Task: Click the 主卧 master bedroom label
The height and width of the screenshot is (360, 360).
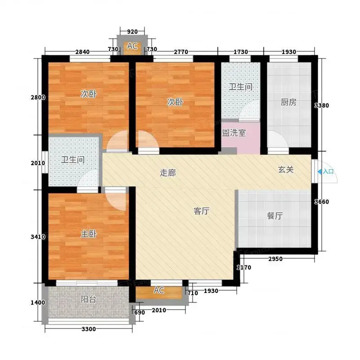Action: [89, 234]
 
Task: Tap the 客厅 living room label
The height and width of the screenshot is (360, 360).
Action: [201, 211]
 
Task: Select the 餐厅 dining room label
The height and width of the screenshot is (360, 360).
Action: [274, 216]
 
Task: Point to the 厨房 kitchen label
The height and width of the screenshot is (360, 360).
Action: [288, 102]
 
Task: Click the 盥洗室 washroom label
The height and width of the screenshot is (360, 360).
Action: [234, 133]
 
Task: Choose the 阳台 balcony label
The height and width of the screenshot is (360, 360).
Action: [88, 299]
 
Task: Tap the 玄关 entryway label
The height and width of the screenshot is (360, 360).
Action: [286, 170]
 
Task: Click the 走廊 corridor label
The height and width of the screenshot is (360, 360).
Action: [168, 173]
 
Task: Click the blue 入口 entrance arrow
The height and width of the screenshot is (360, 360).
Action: [319, 171]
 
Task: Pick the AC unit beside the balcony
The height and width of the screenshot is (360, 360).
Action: [159, 292]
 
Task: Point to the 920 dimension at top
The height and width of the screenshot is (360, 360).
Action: [132, 31]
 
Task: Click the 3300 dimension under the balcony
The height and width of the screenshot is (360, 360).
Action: [89, 329]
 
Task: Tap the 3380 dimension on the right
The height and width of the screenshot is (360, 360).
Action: [322, 105]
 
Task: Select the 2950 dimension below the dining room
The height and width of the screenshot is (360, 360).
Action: [275, 259]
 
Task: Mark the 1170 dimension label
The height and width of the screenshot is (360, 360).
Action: [244, 267]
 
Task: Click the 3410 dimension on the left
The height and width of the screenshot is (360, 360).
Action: [38, 237]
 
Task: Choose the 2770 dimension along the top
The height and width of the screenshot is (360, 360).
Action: [181, 52]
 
